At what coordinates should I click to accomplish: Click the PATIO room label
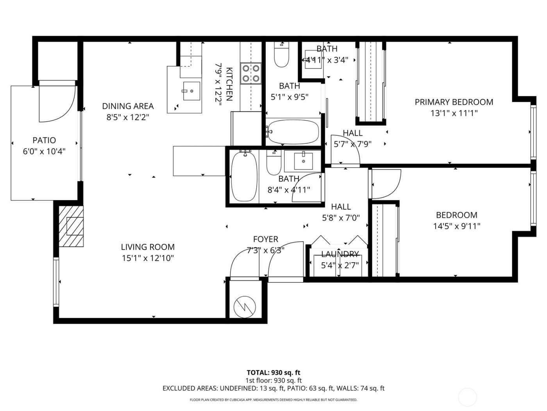(44, 140)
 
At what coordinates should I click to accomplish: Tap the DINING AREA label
(128, 106)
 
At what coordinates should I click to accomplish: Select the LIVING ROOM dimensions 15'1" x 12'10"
(147, 258)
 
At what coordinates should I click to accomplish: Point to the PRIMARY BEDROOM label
(454, 102)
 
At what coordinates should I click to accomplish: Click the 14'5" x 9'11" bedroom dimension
(456, 226)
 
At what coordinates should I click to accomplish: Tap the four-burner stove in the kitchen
(251, 73)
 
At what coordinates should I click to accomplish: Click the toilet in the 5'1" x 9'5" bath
(281, 57)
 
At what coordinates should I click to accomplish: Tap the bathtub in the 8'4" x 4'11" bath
(244, 177)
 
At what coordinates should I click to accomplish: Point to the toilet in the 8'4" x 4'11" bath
(274, 164)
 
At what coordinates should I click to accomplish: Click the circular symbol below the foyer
(245, 305)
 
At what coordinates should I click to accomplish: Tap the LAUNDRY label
(340, 254)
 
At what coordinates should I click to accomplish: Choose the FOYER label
(265, 239)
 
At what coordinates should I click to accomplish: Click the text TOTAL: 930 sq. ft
(273, 373)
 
